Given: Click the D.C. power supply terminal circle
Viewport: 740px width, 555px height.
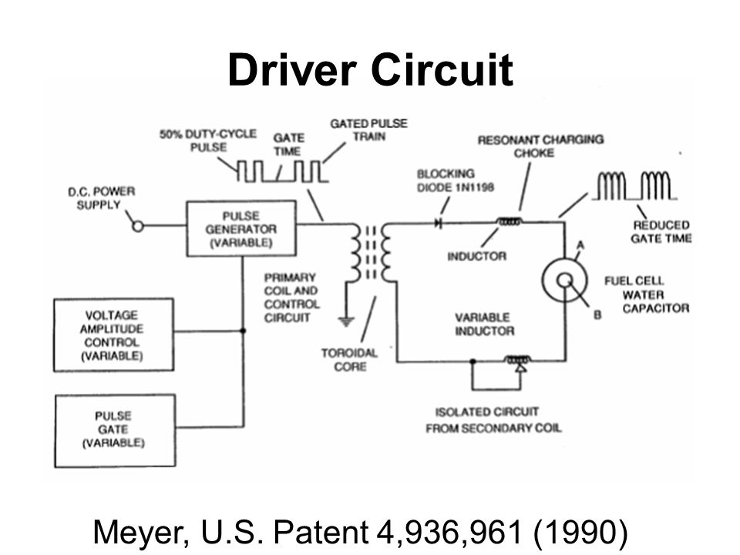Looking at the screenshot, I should pyautogui.click(x=140, y=227).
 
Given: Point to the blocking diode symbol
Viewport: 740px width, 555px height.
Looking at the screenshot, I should pyautogui.click(x=440, y=223).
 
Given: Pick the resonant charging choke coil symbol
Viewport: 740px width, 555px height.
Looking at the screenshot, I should pyautogui.click(x=510, y=223).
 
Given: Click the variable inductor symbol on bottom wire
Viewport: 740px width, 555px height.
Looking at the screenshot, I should pyautogui.click(x=516, y=360).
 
